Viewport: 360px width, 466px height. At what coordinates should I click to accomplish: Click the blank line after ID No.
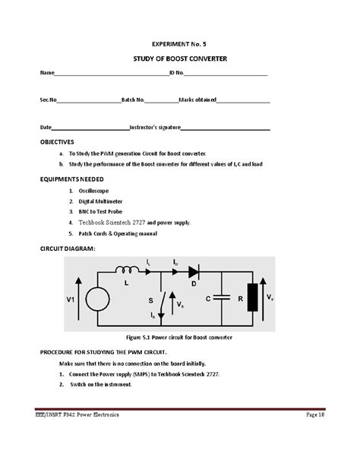pos(226,74)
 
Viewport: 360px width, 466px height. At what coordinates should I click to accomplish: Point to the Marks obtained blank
pos(244,100)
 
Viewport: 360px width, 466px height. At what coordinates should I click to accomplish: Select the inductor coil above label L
pos(127,269)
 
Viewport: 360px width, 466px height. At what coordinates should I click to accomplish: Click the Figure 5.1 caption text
pos(179,335)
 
